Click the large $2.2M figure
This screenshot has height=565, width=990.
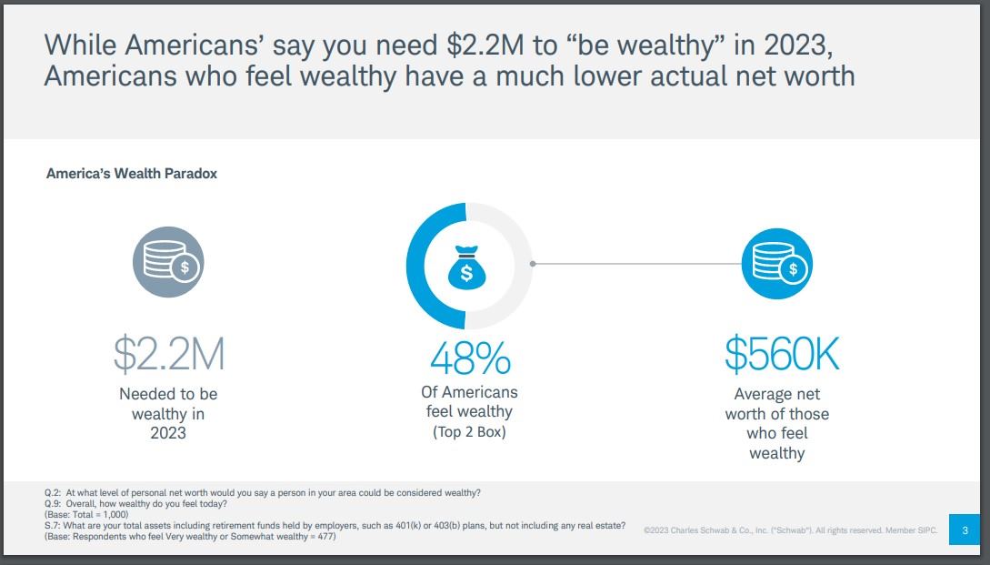click(x=168, y=355)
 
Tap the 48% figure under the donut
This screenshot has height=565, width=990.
click(x=469, y=359)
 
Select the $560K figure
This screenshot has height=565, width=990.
click(x=782, y=355)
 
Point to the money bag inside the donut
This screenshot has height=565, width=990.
click(x=466, y=265)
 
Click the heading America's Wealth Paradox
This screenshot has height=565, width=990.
click(x=132, y=173)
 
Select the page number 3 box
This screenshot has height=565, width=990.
click(x=964, y=530)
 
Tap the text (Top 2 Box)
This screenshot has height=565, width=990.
click(x=469, y=431)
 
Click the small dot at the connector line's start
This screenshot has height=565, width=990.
click(x=533, y=265)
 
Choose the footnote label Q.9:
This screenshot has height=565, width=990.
click(x=53, y=503)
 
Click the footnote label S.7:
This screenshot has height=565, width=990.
click(x=53, y=526)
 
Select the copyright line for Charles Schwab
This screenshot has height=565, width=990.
click(x=789, y=530)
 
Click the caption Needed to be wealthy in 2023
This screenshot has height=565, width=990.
click(x=168, y=413)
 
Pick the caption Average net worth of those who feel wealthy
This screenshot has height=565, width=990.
click(x=777, y=423)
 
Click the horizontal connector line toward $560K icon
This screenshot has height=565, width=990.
click(x=636, y=265)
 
